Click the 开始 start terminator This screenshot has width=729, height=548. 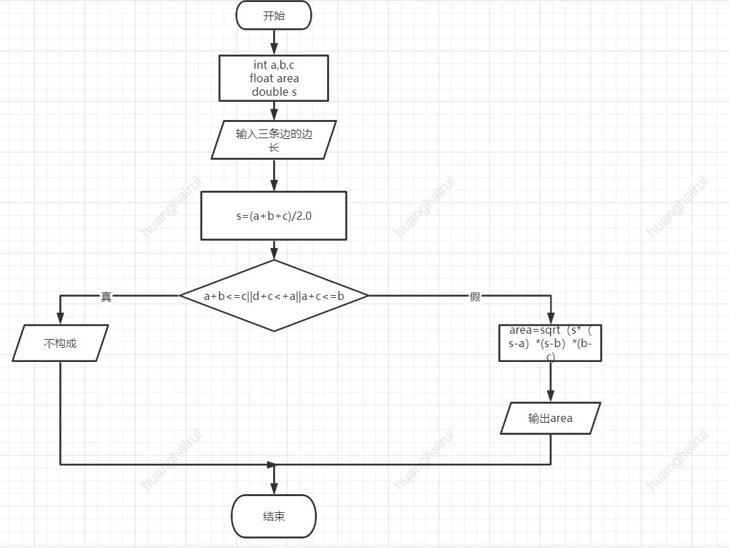coord(274,16)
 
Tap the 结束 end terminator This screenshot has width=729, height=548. coord(274,516)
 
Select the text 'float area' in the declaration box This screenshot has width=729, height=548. coord(274,78)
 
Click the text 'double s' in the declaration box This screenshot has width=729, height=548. coord(274,92)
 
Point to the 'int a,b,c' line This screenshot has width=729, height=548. coord(274,65)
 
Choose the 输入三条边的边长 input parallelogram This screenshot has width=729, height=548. coord(274,140)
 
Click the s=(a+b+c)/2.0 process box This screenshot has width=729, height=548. coord(274,216)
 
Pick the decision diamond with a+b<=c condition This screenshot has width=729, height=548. coord(274,296)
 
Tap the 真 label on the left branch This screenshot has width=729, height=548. coord(106,297)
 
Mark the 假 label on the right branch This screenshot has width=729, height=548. coord(475,297)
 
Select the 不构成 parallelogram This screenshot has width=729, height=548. coord(60,343)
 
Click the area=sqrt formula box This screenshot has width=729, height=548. coord(550,343)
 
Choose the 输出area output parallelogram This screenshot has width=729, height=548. coord(550,418)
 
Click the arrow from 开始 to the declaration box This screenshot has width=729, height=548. coord(274,42)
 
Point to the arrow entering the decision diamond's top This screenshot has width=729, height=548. coord(274,250)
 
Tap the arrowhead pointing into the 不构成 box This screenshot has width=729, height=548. coord(60,319)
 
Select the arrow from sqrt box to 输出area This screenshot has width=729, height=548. coord(550,382)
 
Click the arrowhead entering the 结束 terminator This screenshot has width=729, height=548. coord(274,489)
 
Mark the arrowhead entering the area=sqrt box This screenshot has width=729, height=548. coord(550,319)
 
